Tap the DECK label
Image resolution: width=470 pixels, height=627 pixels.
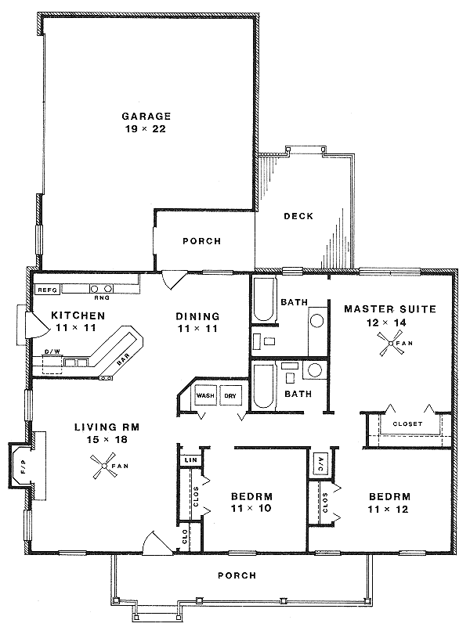[298, 216]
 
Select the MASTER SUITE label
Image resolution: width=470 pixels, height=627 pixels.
[389, 309]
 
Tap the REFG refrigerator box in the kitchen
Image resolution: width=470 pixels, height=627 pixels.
[48, 289]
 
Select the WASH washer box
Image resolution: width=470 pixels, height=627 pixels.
[205, 395]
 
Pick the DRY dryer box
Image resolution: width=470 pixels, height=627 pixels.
[230, 395]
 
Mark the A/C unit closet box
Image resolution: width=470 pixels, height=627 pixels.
[320, 463]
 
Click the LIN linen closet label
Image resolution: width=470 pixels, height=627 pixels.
[190, 459]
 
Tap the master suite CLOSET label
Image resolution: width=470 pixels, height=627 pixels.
[407, 423]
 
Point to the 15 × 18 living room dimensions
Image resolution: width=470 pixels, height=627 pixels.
[100, 440]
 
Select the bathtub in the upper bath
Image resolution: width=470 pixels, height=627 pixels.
[264, 299]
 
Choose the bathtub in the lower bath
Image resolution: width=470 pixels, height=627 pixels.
[264, 386]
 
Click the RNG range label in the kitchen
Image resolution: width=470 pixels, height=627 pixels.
[100, 297]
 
